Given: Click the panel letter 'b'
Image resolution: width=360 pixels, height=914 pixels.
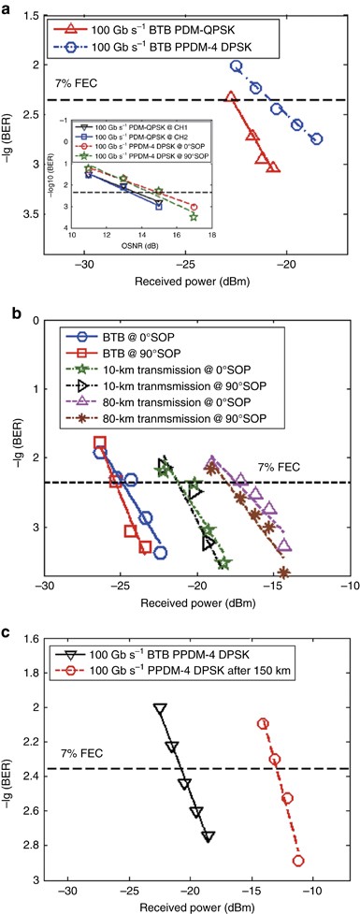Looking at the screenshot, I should [7, 308].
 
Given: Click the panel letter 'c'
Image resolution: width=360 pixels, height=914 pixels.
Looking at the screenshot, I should [7, 631].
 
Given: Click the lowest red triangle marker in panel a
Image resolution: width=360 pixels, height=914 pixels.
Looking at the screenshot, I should [272, 167].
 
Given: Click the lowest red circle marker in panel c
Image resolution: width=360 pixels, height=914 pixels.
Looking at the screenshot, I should [298, 861].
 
